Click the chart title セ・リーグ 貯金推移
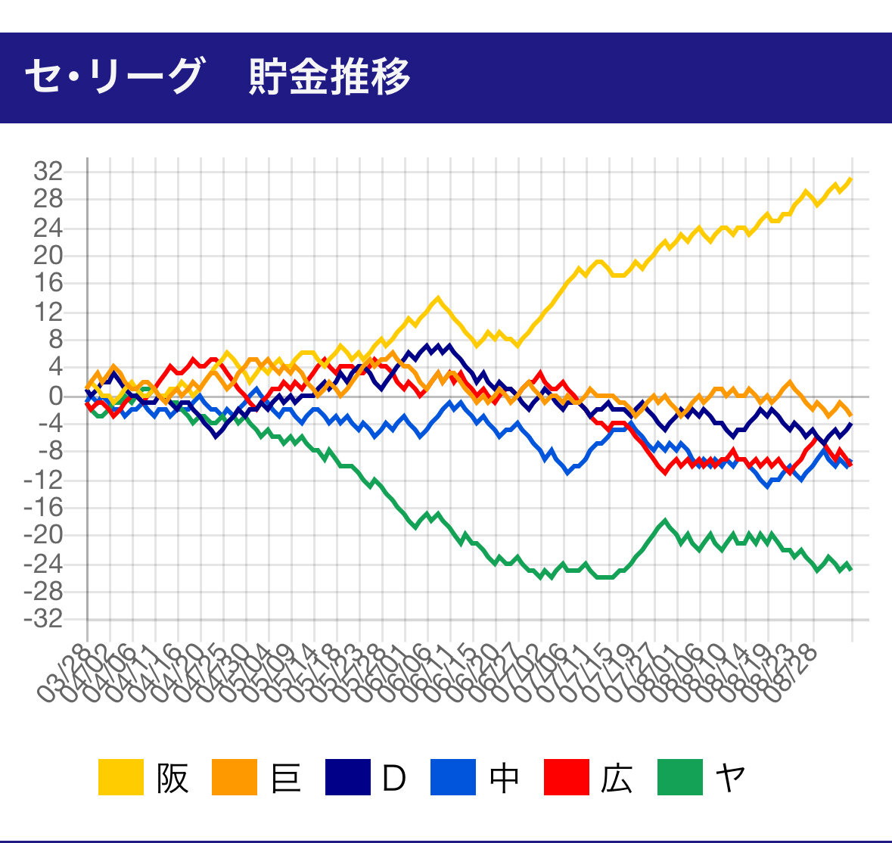point(217,76)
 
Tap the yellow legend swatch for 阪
point(121,777)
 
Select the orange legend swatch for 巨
point(235,777)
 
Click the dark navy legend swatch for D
point(348,777)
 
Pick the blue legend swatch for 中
point(453,777)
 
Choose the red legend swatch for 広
point(566,777)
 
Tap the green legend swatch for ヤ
point(680,777)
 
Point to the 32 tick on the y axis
point(47,173)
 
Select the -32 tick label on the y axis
point(43,619)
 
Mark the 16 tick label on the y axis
point(47,284)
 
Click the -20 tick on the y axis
point(43,535)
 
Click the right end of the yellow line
point(852,179)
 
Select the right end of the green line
point(852,569)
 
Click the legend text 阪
point(172,777)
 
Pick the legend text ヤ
point(730,777)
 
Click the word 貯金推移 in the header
point(330,76)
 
